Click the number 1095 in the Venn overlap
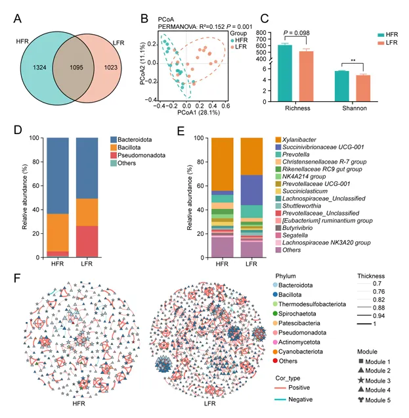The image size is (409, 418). (x=72, y=67)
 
